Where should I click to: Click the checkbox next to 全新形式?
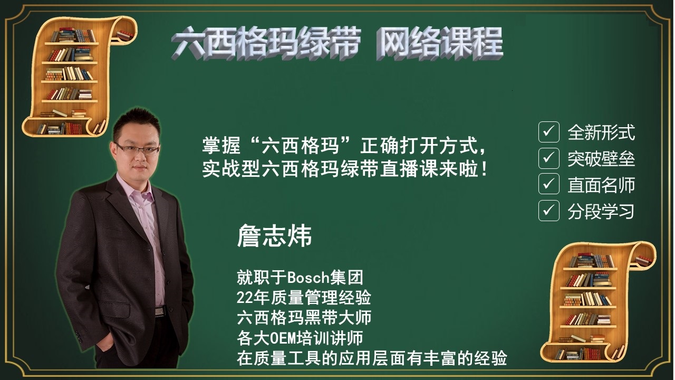click(549, 132)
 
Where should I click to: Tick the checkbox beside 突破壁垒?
click(549, 158)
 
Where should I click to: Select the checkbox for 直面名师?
click(549, 184)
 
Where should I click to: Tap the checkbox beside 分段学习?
click(549, 211)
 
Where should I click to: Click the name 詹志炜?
click(274, 236)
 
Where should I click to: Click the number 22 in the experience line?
click(244, 298)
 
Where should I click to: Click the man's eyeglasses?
click(137, 149)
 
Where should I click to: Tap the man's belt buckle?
click(160, 311)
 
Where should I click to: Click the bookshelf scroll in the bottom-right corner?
click(598, 301)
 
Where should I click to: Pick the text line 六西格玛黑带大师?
click(304, 318)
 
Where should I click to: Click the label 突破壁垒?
click(601, 159)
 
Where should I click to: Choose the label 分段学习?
click(601, 211)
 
